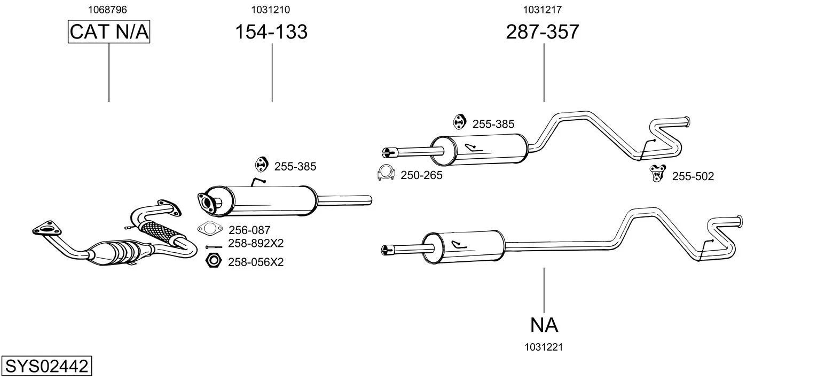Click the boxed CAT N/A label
(109, 32)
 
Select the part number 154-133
(271, 32)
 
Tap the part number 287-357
(543, 32)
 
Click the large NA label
(544, 324)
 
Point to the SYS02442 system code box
(46, 367)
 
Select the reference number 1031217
(543, 10)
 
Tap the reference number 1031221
(544, 347)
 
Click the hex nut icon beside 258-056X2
(214, 261)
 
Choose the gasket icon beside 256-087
(210, 229)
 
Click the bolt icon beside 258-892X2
(214, 247)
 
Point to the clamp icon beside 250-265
(385, 174)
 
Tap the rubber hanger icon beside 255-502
(657, 173)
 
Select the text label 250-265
(421, 175)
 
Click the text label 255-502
(693, 176)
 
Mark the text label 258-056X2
(256, 262)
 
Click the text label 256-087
(249, 230)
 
